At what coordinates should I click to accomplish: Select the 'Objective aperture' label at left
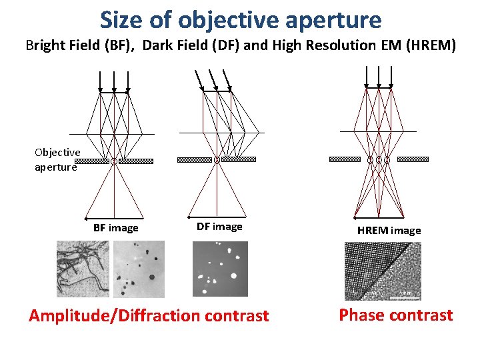[x=57, y=160]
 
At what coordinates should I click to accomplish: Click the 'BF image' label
[x=116, y=228]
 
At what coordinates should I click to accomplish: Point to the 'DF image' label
[x=219, y=227]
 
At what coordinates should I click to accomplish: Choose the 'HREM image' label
[x=389, y=231]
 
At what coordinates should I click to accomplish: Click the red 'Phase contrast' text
[x=395, y=315]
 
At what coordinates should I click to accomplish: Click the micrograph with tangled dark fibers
[x=82, y=268]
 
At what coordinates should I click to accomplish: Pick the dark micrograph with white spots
[x=220, y=268]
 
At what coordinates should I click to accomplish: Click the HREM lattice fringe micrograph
[x=382, y=270]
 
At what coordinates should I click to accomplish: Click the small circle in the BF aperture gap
[x=114, y=161]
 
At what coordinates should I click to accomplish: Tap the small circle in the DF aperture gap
[x=217, y=160]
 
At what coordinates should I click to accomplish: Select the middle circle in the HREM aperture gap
[x=379, y=159]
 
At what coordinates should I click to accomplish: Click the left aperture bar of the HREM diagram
[x=346, y=159]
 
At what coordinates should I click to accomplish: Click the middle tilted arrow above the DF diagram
[x=215, y=79]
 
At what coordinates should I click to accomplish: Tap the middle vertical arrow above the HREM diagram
[x=379, y=76]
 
